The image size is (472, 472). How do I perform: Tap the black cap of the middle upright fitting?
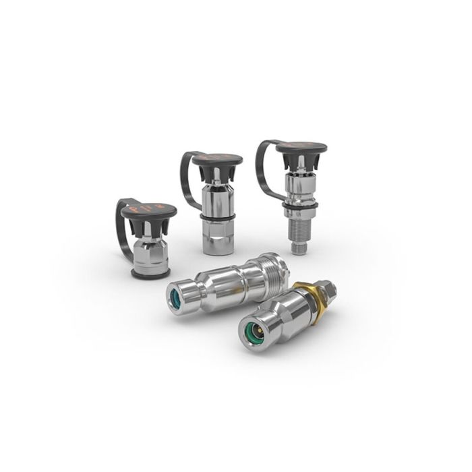pyautogui.click(x=217, y=160)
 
